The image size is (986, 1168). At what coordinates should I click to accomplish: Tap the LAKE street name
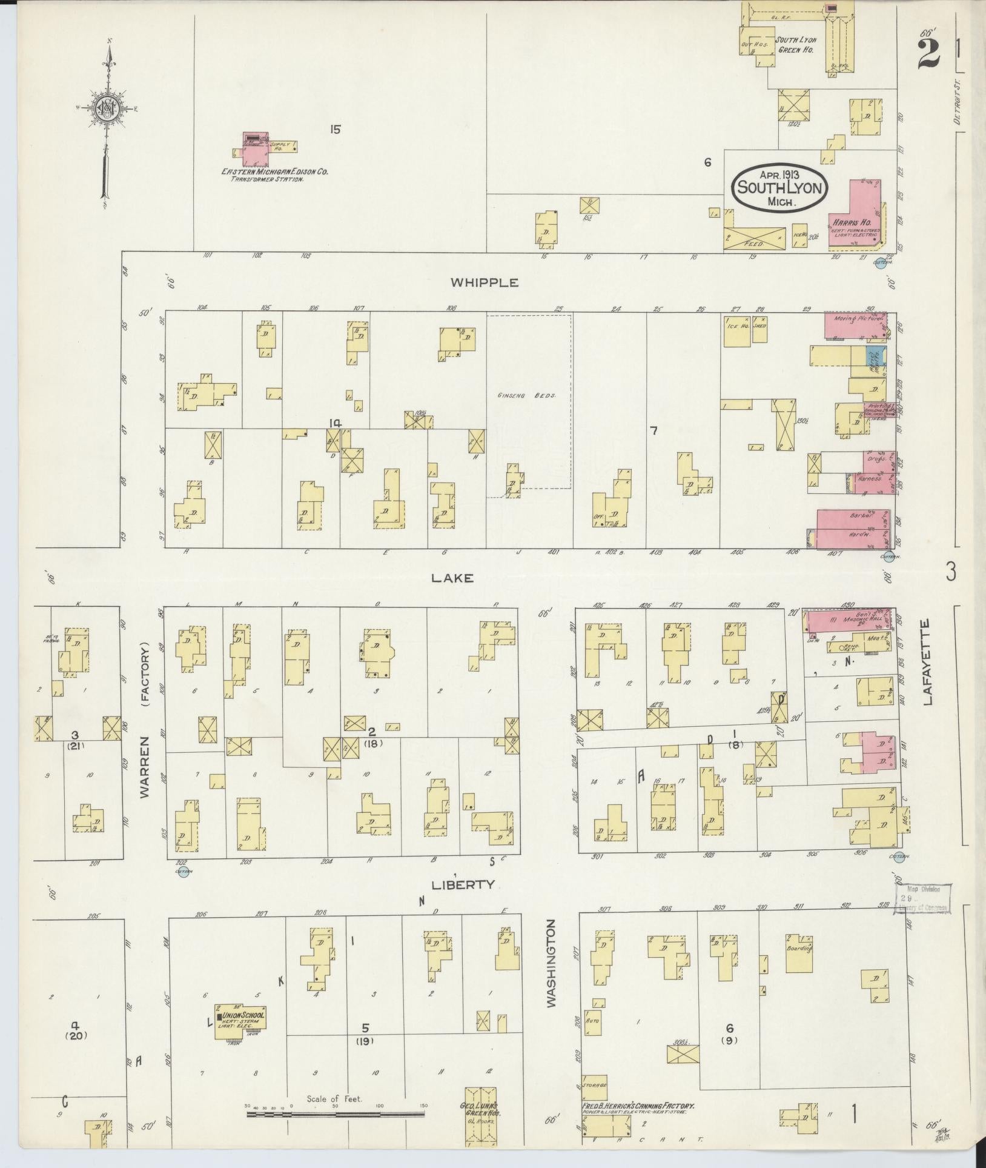click(x=452, y=578)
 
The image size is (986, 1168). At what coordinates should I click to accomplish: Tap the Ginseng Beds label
click(x=526, y=395)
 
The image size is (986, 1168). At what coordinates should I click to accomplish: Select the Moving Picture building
click(x=854, y=326)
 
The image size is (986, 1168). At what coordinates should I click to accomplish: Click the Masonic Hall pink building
click(x=848, y=623)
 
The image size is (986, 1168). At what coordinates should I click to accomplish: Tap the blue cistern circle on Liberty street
click(x=184, y=873)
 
